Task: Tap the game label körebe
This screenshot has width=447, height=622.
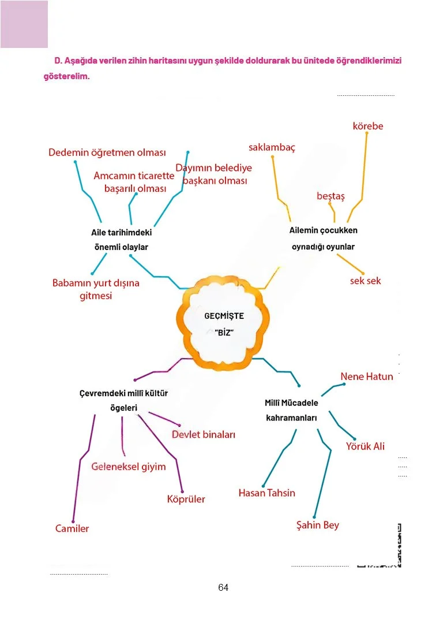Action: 368,126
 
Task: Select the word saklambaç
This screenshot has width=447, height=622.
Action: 272,148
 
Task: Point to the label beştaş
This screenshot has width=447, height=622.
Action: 330,196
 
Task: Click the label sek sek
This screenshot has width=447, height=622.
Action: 365,281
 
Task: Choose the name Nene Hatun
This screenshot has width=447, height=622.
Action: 367,377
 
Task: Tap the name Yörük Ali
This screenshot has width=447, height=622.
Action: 365,446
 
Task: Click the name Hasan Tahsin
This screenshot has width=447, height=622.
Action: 266,493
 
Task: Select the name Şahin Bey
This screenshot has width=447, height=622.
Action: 317,525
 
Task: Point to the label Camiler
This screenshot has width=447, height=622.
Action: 72,528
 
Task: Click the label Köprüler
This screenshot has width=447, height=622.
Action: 186,499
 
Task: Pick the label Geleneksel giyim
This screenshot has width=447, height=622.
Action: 129,467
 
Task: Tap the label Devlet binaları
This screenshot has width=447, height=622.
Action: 203,434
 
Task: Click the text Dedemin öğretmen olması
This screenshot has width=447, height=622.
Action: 107,152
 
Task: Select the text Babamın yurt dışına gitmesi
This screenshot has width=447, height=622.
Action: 96,289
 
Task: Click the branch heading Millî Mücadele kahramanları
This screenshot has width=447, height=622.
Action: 291,410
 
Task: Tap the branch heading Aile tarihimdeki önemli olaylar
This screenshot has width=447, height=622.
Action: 121,240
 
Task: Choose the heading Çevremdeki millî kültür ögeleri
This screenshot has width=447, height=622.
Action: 123,400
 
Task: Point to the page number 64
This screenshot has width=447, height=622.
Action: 223,587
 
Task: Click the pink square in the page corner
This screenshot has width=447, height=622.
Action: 24,24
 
